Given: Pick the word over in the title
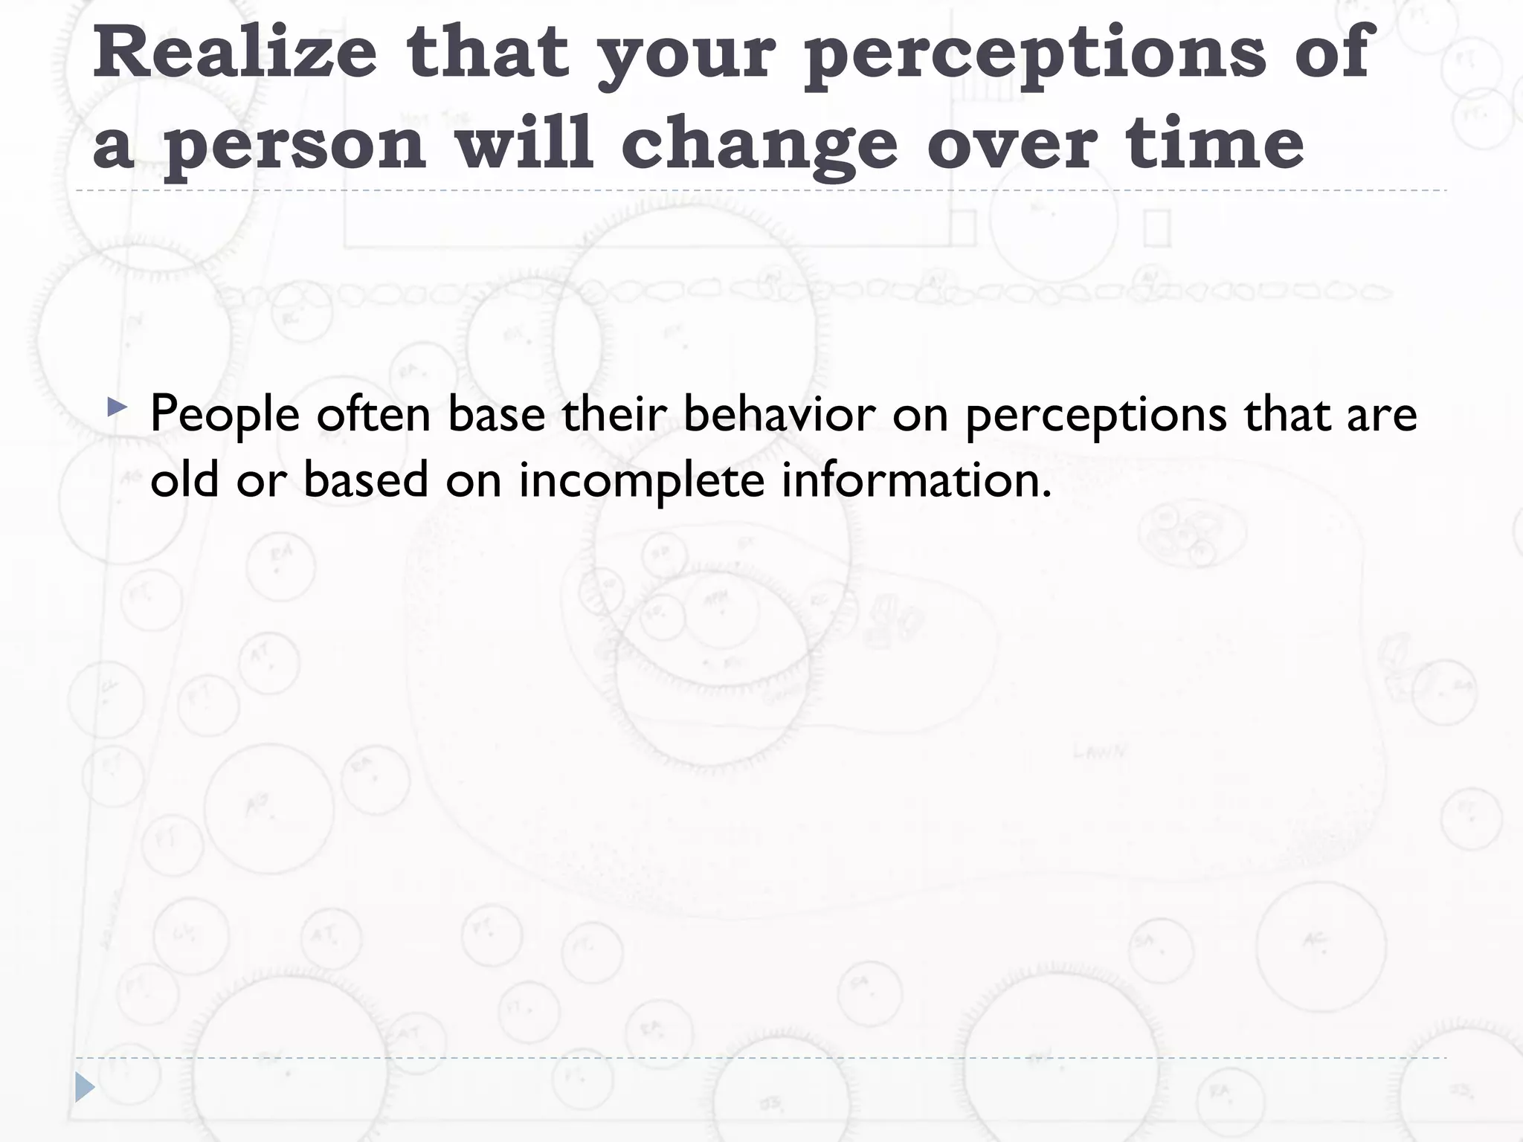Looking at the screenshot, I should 1012,143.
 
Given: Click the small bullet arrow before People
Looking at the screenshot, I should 117,407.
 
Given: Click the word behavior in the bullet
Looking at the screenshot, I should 779,413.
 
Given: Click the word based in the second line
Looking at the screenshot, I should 366,479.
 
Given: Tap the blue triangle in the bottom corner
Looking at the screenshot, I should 85,1088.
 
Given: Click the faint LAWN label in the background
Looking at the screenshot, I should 1100,752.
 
